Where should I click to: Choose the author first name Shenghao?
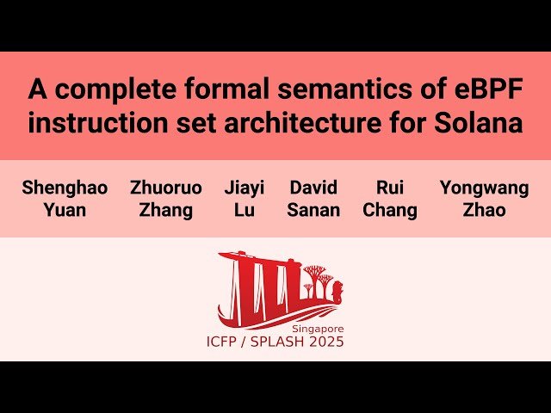coord(65,188)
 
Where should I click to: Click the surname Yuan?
coord(65,210)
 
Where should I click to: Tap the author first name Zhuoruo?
coord(166,188)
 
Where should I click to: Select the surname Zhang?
coord(166,210)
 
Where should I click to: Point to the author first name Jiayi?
coord(244,188)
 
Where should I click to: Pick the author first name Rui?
coord(390,188)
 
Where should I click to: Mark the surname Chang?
coord(390,210)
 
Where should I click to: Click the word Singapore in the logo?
coord(317,330)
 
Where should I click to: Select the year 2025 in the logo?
coord(325,342)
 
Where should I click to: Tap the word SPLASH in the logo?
coord(276,342)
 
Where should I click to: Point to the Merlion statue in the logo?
coord(339,293)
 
